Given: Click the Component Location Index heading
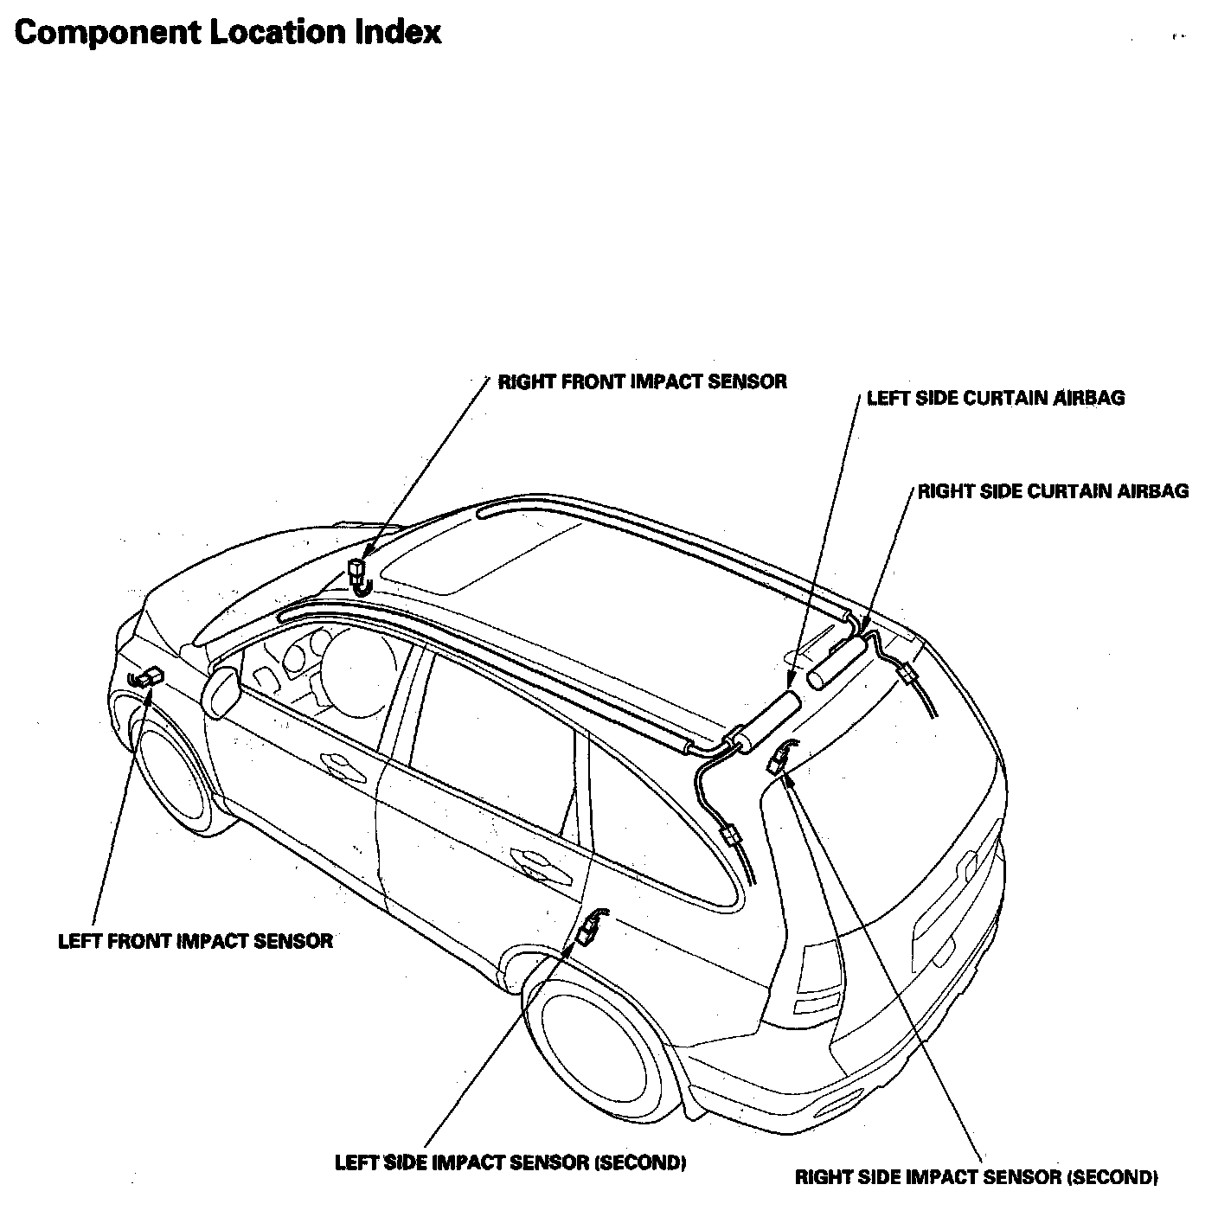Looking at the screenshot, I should (228, 32).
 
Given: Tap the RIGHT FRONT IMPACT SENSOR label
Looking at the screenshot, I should (642, 381).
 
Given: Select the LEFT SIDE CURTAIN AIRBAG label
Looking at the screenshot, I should (995, 398).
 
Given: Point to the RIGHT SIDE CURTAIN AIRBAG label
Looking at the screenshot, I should (1053, 491).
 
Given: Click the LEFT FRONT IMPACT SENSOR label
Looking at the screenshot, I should (195, 941).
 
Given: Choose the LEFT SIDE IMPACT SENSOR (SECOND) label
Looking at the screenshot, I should (510, 1162).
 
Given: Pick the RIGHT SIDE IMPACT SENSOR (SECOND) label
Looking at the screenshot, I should (976, 1177).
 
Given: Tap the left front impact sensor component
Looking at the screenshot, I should (148, 676).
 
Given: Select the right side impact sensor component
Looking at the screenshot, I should (778, 759).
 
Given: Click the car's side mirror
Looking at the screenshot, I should (220, 690).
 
